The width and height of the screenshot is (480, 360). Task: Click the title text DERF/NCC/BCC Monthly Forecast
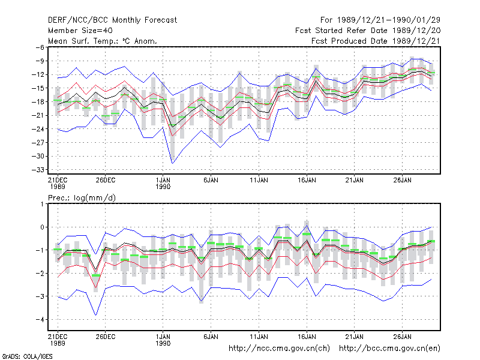112,20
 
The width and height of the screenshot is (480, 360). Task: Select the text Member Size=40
80,31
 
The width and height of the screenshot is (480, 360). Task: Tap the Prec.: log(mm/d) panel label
82,198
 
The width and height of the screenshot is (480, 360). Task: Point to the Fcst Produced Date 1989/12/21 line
376,41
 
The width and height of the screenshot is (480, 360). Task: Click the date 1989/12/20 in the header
416,31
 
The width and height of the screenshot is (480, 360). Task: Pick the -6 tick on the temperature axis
40,47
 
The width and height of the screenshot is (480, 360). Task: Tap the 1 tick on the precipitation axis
42,204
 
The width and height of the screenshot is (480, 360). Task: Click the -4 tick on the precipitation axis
40,319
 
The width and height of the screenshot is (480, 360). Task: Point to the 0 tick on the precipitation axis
42,227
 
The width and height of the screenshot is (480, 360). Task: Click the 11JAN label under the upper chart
259,181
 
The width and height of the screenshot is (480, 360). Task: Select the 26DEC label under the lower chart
106,337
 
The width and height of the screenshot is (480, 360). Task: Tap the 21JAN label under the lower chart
355,337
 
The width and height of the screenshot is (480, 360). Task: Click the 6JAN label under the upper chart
211,181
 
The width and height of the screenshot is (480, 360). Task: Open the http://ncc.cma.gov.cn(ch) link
279,349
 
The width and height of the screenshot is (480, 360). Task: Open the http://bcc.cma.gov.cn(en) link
389,349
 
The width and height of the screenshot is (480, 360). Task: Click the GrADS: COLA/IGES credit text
27,356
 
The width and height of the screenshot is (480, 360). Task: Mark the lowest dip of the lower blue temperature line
172,163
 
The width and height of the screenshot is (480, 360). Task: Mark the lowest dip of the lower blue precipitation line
96,316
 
